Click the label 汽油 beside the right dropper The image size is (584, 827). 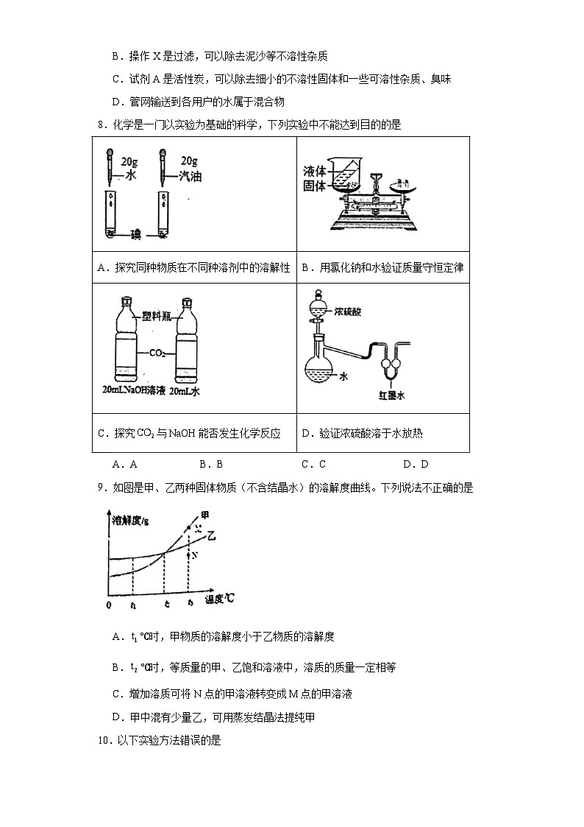coord(190,177)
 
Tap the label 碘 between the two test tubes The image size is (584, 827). coord(135,234)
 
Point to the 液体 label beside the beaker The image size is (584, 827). coord(314,172)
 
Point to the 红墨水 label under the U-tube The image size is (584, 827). coord(393,395)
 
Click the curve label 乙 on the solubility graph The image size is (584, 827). coord(213,535)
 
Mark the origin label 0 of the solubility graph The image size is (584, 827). coord(108,605)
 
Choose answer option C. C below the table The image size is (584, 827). coord(313,464)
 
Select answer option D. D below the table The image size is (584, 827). coord(415,464)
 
